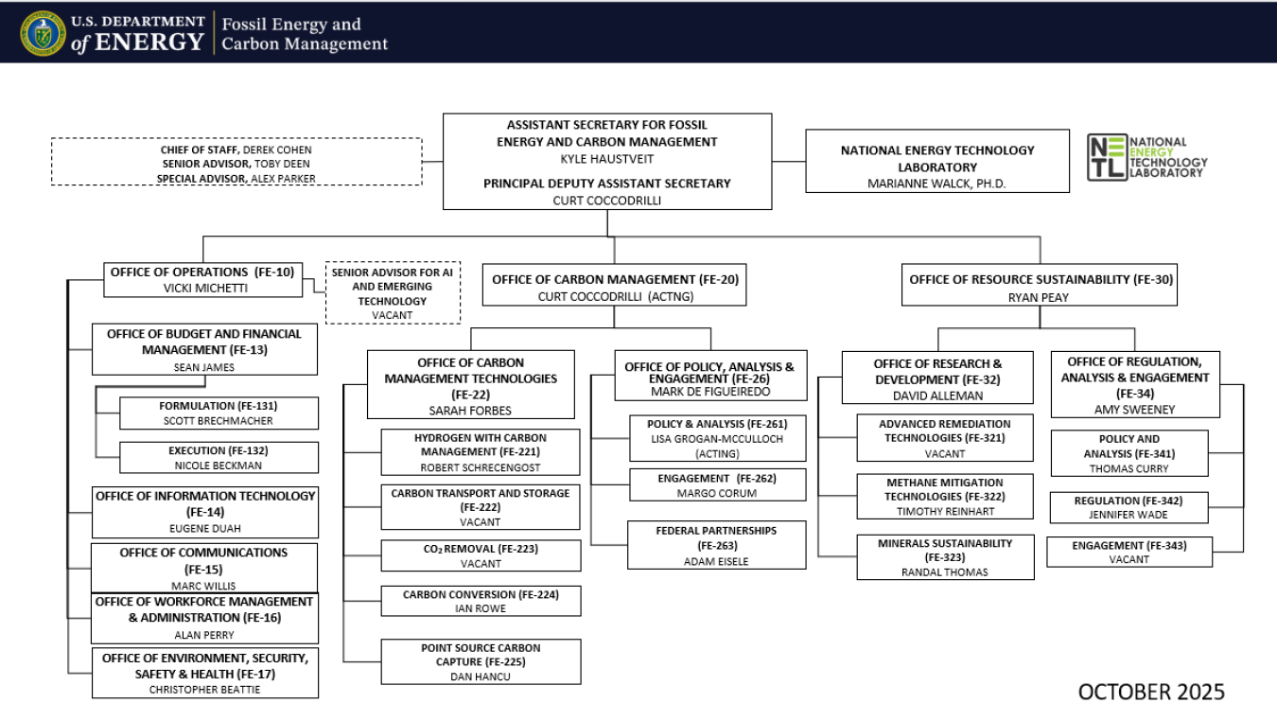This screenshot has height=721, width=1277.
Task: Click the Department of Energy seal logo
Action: (44, 32)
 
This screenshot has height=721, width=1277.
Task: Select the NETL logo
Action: (1146, 157)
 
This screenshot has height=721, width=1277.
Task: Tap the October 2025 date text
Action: (1150, 692)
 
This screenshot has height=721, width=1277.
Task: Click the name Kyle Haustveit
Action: (606, 158)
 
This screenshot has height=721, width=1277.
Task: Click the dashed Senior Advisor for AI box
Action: (393, 293)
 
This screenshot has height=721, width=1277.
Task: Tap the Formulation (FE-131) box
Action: (219, 413)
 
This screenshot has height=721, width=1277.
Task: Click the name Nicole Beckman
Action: (219, 466)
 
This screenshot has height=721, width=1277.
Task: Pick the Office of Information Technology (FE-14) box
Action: (205, 511)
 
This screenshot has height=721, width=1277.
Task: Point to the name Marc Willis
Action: (205, 586)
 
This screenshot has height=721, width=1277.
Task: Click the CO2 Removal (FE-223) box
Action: (481, 554)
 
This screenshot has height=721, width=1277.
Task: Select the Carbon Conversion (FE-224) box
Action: (481, 601)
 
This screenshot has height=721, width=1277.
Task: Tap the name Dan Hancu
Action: (481, 677)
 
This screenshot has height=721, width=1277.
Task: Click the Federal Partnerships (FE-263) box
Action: (716, 545)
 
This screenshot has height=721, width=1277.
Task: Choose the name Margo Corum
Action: (716, 493)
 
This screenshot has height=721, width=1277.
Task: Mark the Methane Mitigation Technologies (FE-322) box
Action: (945, 496)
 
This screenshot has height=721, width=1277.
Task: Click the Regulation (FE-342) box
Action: (1128, 507)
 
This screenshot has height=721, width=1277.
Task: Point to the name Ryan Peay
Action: (1039, 296)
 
